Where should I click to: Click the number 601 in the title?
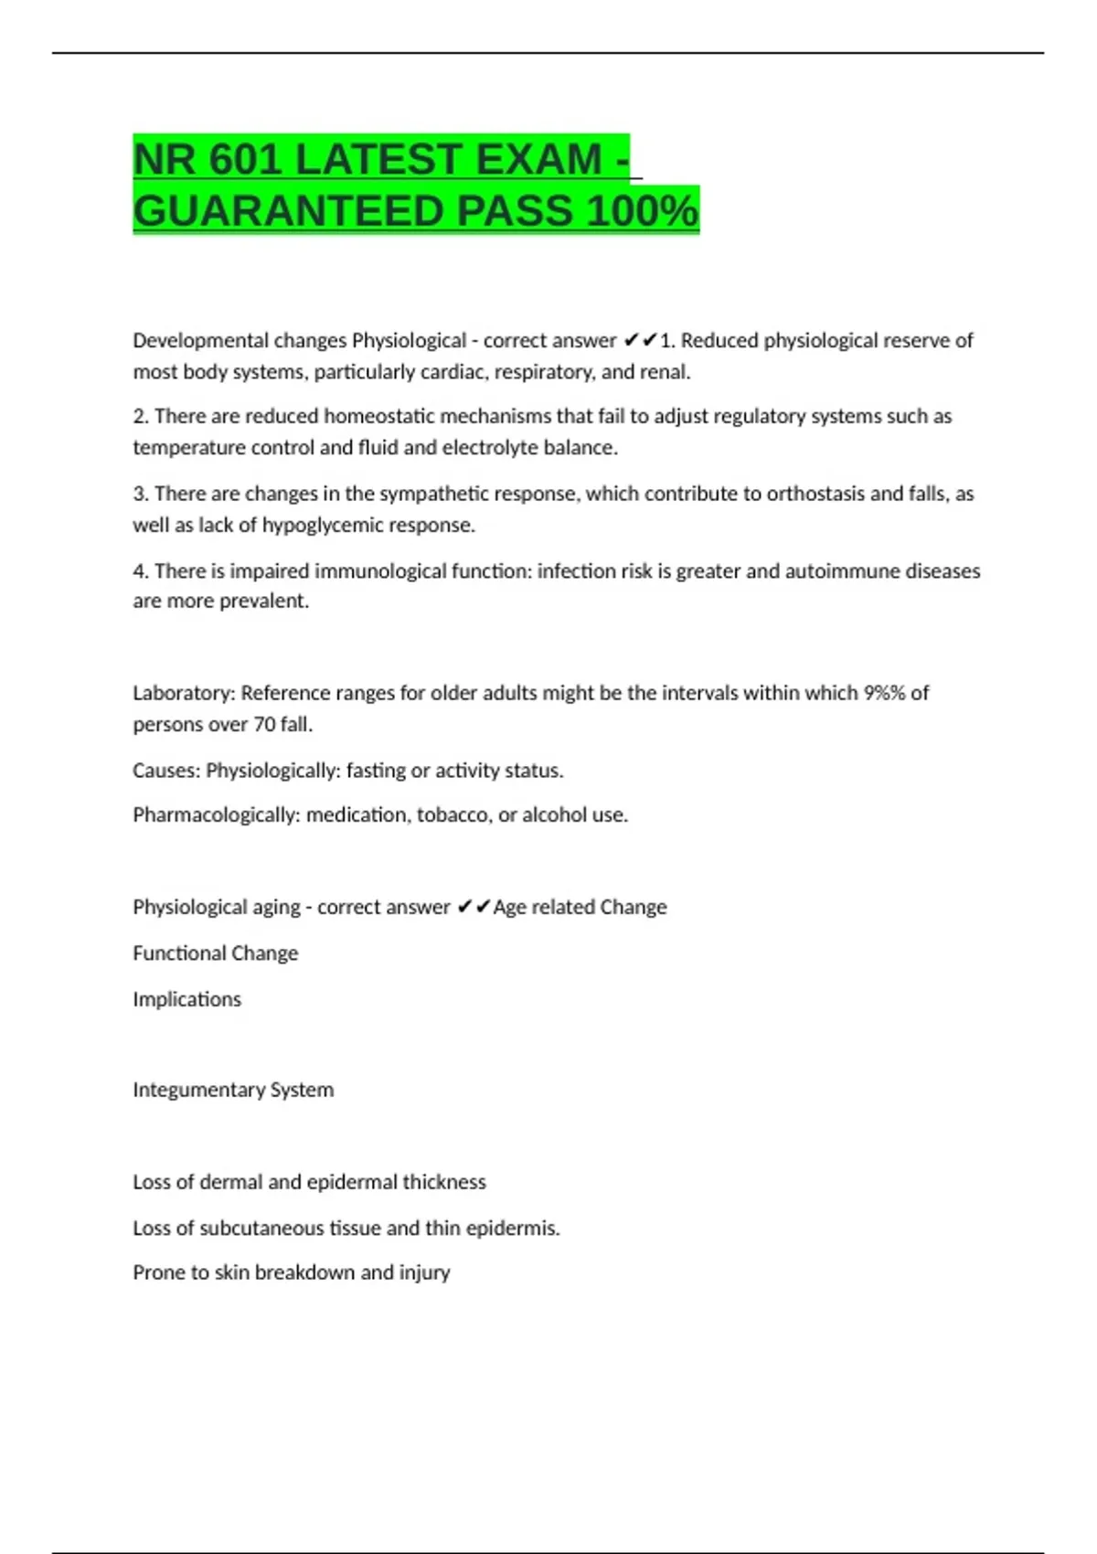(244, 160)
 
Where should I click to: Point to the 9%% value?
(884, 693)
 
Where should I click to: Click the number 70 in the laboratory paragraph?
(264, 725)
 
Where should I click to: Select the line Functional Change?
(216, 953)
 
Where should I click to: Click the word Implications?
(186, 999)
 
